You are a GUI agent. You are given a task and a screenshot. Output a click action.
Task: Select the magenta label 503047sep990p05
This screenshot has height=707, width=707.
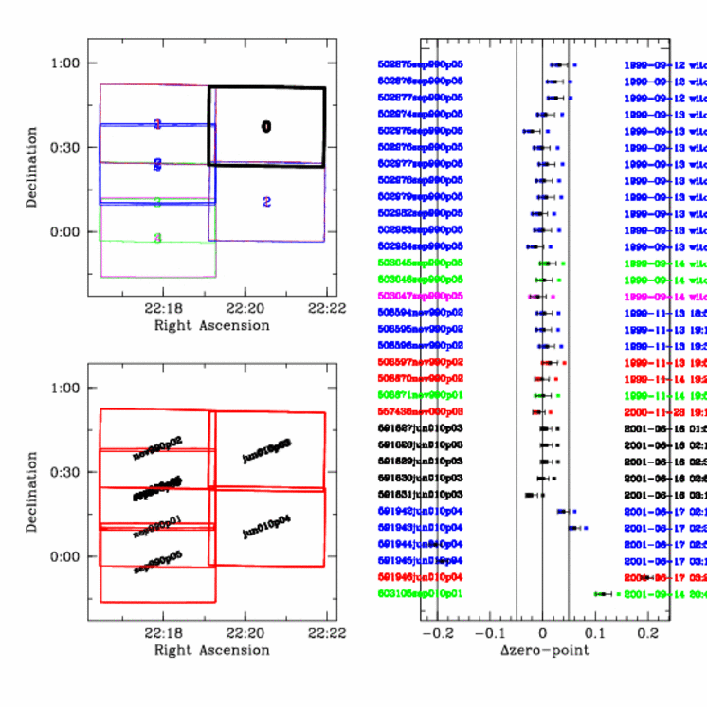[419, 296]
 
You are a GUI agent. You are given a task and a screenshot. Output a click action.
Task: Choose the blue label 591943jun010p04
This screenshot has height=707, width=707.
[419, 528]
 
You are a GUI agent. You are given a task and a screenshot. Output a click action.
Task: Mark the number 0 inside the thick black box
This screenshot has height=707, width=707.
[266, 127]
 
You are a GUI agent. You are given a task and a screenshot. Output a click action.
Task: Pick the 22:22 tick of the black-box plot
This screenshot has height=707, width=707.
[327, 309]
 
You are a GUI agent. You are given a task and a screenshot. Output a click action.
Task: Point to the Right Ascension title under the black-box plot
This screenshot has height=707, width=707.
[211, 325]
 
